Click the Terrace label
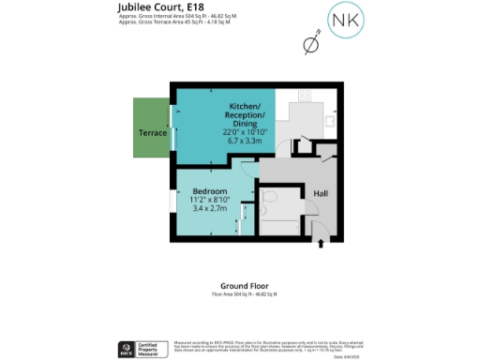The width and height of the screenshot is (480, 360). pyautogui.click(x=153, y=132)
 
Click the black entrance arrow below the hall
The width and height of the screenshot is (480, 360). pyautogui.click(x=322, y=243)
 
